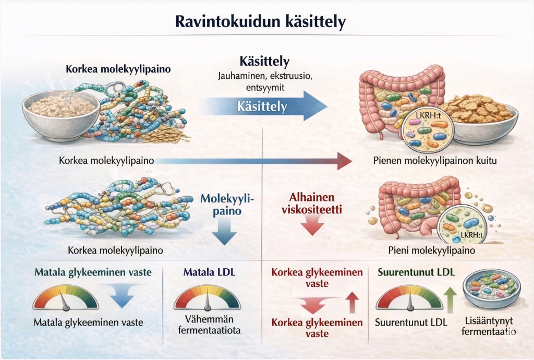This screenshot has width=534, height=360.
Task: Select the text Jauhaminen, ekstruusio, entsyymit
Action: pos(264,81)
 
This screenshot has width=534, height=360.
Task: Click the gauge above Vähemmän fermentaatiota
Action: pos(208,297)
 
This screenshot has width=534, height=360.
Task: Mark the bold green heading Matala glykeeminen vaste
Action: pos(93,272)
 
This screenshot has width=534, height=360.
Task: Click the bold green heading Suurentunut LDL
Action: pos(415,272)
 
